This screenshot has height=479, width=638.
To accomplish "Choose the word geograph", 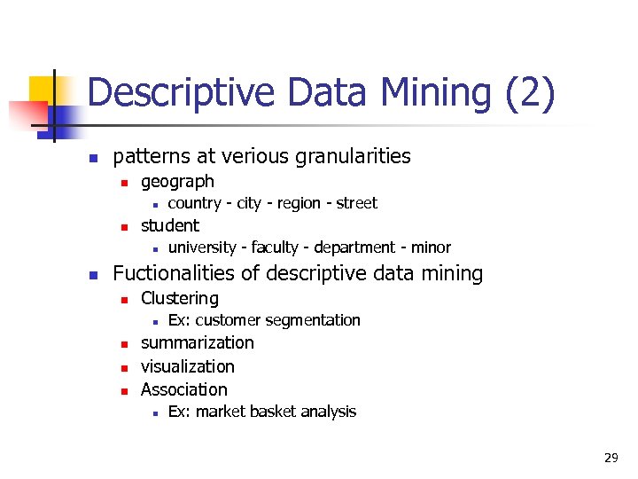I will pyautogui.click(x=177, y=182).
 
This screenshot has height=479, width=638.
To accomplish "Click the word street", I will pyautogui.click(x=356, y=203).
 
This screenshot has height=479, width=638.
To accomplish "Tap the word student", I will pyautogui.click(x=170, y=225).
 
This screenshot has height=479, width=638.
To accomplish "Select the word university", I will pyautogui.click(x=202, y=247).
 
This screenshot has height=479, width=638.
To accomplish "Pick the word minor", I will pyautogui.click(x=431, y=247).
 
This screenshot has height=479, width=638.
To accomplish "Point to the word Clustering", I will pyautogui.click(x=180, y=299).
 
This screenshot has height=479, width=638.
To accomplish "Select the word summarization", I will pyautogui.click(x=197, y=343).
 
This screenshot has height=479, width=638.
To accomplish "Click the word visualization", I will pyautogui.click(x=188, y=366).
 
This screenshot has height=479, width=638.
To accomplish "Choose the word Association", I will pyautogui.click(x=184, y=389).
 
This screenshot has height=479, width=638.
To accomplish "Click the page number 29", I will pyautogui.click(x=611, y=458).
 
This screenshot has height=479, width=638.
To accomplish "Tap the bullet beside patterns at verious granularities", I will pyautogui.click(x=92, y=159).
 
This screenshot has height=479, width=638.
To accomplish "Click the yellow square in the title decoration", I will pyautogui.click(x=42, y=89).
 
